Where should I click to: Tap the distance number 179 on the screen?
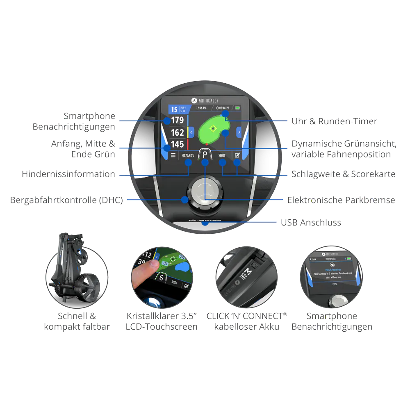(178, 121)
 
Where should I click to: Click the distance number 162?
(178, 132)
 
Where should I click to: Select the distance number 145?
(178, 144)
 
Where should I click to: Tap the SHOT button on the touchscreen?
(222, 155)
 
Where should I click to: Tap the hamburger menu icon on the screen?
(173, 155)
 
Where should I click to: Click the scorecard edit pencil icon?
(237, 155)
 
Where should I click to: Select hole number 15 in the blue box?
(174, 109)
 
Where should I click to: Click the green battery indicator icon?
(238, 108)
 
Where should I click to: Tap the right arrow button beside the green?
(239, 132)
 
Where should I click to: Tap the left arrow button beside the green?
(191, 132)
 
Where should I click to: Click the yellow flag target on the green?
(212, 129)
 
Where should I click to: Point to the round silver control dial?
(205, 191)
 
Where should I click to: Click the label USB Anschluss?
(310, 223)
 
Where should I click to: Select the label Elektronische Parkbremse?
(341, 200)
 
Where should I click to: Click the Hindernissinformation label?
(68, 174)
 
